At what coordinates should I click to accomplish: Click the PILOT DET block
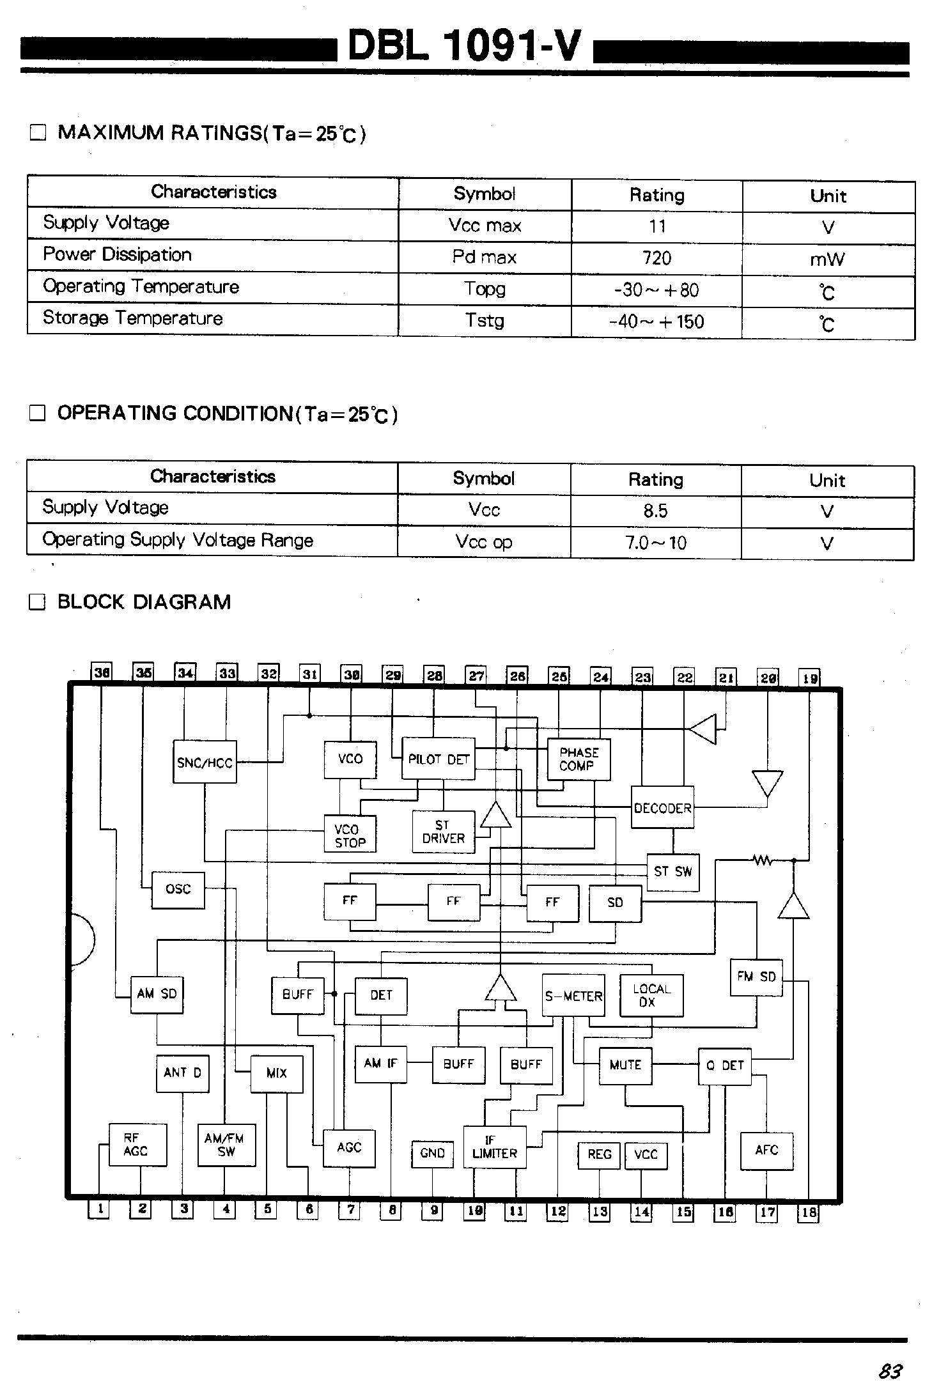(439, 759)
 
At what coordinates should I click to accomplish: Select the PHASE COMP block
(579, 759)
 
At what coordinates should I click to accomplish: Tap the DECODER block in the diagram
(662, 809)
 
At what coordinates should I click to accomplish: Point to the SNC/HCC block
(205, 762)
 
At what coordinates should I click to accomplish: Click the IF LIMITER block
(494, 1147)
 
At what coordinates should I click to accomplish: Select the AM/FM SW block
(226, 1145)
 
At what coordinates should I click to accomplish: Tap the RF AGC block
(137, 1144)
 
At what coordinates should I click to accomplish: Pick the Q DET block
(724, 1065)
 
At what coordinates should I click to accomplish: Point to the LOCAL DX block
(651, 995)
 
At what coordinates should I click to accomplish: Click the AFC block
(766, 1151)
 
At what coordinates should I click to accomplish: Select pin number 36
(102, 672)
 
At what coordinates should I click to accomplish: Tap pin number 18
(809, 1212)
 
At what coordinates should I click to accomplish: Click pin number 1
(99, 1209)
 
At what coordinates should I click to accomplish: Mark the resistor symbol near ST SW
(762, 860)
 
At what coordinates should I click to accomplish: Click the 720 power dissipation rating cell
(656, 258)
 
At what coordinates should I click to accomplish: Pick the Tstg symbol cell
(485, 320)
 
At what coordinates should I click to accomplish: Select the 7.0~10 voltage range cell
(655, 543)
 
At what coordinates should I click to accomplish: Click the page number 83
(890, 1370)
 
